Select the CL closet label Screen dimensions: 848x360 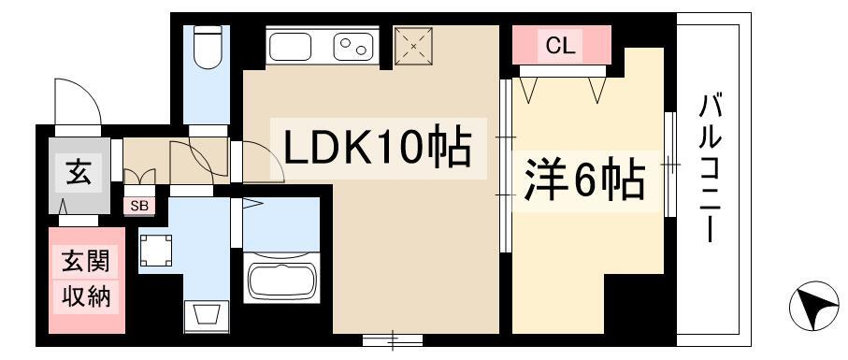[x=560, y=46]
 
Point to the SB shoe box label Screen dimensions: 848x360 [x=139, y=206]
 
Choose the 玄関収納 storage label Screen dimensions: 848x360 [x=87, y=280]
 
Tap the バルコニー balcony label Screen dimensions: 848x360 [x=710, y=168]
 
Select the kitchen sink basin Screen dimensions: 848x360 [x=290, y=47]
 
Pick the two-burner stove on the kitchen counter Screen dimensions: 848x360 [x=352, y=47]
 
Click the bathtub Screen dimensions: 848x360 [x=281, y=277]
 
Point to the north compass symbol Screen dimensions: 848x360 [x=813, y=306]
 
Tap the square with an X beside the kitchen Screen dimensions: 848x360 [x=414, y=47]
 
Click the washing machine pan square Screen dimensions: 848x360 [x=156, y=251]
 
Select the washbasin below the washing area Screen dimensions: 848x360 [x=203, y=317]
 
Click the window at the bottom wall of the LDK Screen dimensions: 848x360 [x=392, y=340]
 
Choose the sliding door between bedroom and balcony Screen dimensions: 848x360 [x=670, y=164]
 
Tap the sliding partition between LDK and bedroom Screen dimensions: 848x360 [x=505, y=166]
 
